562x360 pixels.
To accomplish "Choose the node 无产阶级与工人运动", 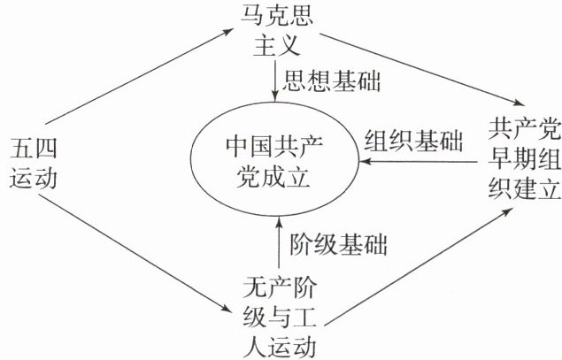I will pos(278,313).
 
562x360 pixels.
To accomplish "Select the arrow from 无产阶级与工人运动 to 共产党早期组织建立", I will pos(416,256).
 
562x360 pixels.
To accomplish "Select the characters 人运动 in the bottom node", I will pos(278,342).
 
